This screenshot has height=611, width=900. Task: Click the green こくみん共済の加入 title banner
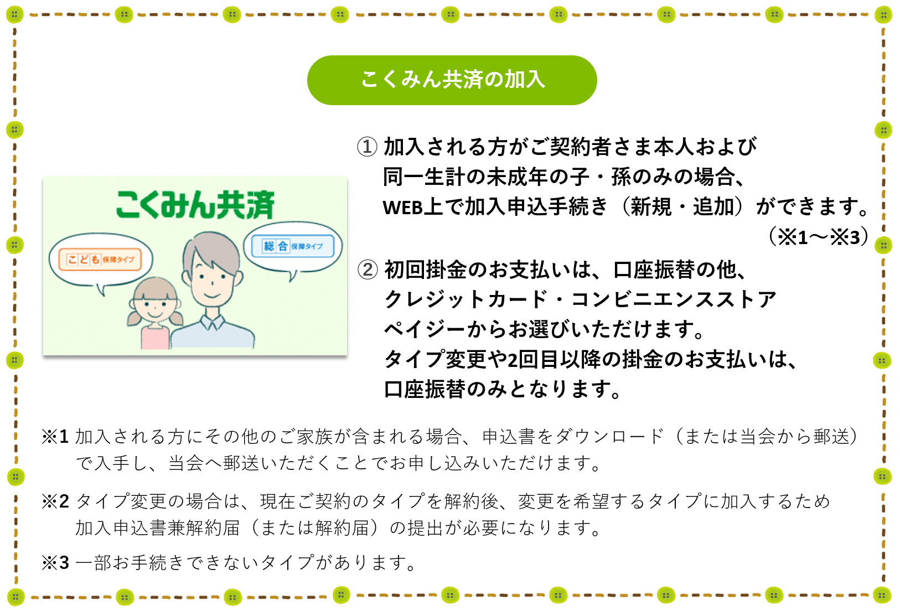tap(452, 80)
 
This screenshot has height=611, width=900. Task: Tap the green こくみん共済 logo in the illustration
tap(195, 204)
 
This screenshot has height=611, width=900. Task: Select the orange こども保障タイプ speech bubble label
tap(100, 259)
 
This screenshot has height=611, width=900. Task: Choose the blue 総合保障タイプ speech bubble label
tap(292, 245)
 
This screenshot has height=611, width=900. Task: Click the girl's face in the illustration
tap(154, 307)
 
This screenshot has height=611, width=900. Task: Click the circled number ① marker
tap(367, 147)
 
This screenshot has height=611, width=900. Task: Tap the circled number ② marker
tap(367, 270)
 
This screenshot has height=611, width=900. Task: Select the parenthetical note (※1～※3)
tap(818, 237)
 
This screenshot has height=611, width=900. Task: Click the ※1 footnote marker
tap(55, 436)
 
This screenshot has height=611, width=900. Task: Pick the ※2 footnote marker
tap(55, 501)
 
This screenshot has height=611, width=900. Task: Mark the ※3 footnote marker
tap(55, 562)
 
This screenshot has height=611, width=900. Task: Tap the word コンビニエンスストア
tap(674, 299)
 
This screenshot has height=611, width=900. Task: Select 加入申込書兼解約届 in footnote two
tap(158, 528)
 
